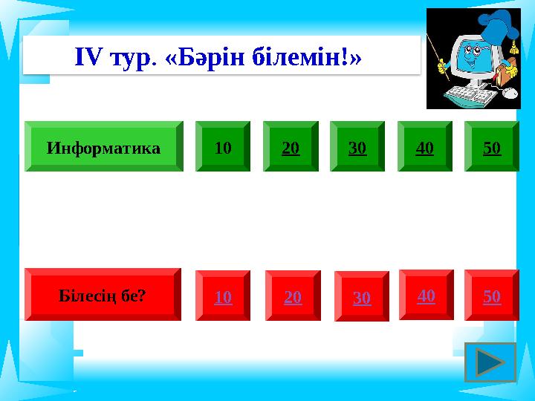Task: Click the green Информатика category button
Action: point(103,147)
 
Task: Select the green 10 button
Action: point(223,147)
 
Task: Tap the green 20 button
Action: point(291,147)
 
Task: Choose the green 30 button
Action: point(357,147)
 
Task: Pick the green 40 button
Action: point(424,147)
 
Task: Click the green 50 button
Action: point(491,147)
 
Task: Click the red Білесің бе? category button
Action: point(103,295)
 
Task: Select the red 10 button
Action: point(223,296)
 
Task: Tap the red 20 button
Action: point(293,296)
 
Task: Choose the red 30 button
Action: point(361,297)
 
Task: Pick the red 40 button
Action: point(426,295)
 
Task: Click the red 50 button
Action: point(491,296)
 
